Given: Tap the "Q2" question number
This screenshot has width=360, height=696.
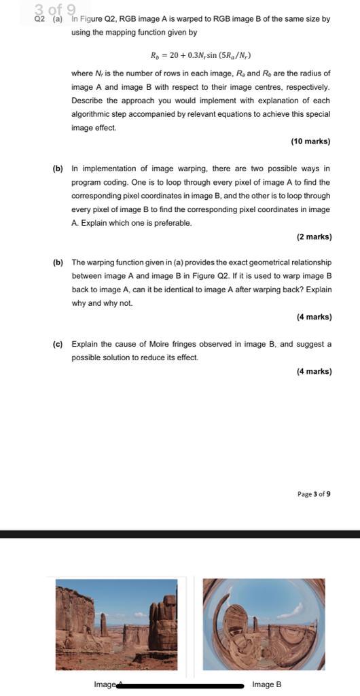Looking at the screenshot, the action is pos(39,19).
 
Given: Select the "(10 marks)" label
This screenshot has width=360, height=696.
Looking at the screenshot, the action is pos(310,141).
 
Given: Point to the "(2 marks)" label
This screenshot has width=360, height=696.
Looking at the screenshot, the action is pos(314,237).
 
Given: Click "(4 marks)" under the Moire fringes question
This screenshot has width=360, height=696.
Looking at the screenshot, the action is pos(314,371).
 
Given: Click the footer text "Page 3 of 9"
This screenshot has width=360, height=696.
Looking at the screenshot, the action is pos(314,494).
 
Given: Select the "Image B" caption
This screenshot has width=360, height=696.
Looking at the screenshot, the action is pos(266,684).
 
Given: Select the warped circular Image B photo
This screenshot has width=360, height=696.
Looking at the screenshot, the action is pos(264,624).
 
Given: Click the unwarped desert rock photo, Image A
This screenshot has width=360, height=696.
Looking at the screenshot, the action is pos(116,624).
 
